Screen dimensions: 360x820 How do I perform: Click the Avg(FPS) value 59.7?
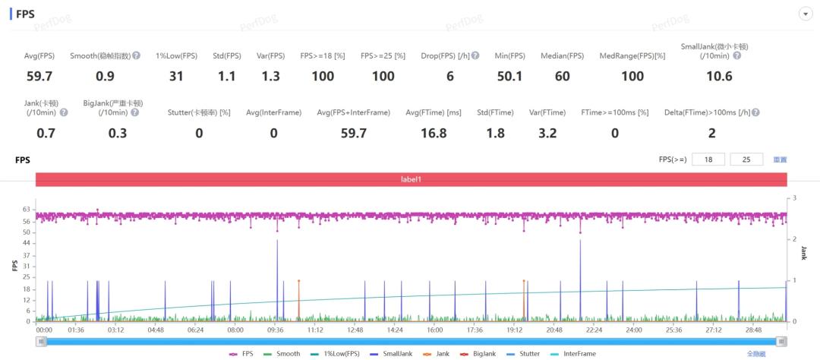[39, 76]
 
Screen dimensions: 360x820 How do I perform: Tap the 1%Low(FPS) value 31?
[176, 76]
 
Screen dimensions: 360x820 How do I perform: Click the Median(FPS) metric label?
[562, 56]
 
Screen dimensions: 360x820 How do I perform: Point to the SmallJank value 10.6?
[719, 76]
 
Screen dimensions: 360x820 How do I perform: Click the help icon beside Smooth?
[137, 56]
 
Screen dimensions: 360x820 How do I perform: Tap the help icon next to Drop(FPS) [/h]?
[475, 56]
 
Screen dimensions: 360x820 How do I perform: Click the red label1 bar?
[410, 180]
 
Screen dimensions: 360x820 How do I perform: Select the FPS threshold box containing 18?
[708, 159]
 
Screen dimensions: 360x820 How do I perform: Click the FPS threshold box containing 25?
[746, 159]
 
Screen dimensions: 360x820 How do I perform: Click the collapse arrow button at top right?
[804, 14]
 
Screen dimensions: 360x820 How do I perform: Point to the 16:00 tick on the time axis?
[434, 331]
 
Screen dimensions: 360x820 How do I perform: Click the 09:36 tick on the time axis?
[275, 331]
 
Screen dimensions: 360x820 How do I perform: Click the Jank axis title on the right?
[803, 254]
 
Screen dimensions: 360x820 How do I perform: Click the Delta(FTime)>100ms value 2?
[711, 134]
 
